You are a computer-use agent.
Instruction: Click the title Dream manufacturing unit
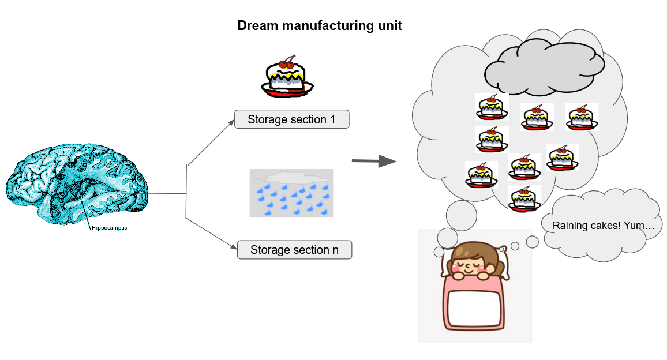click(320, 26)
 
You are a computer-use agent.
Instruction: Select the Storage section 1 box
click(291, 119)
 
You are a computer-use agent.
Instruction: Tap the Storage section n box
click(294, 250)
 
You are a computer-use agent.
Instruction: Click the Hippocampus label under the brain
click(109, 228)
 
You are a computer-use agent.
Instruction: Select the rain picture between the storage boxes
click(291, 193)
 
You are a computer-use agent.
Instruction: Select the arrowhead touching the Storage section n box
click(234, 248)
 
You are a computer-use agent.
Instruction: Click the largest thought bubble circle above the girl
click(461, 216)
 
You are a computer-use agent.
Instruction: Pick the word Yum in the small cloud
click(641, 226)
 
